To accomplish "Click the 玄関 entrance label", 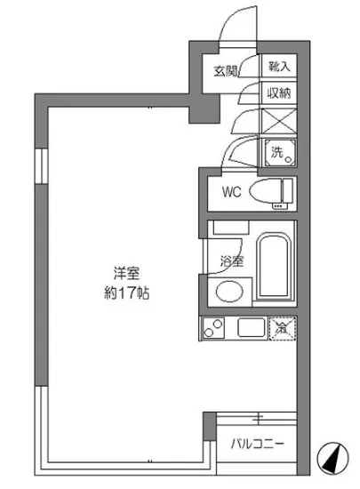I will [227, 71].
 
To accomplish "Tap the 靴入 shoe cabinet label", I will [278, 66].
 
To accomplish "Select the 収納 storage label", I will [278, 92].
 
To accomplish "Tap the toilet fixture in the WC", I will [270, 190].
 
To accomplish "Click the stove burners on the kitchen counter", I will [213, 328].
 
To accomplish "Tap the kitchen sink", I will [251, 328].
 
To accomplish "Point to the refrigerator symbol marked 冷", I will [282, 328].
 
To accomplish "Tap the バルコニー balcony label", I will [258, 442].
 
